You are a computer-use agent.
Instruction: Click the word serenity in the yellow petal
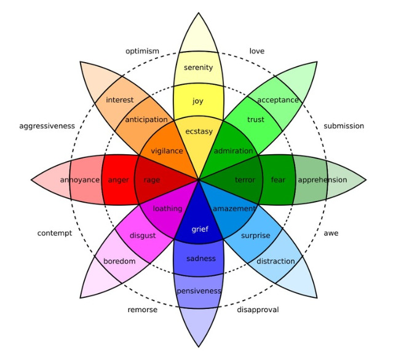[198, 68]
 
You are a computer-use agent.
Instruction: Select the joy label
[198, 101]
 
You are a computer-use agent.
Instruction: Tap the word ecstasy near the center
[198, 131]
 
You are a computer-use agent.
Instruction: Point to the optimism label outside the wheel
[142, 51]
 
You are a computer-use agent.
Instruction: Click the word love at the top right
[257, 51]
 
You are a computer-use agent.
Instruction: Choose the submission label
[344, 126]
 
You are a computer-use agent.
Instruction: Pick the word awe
[331, 233]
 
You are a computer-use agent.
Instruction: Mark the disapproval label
[258, 310]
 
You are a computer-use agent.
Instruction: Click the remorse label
[142, 310]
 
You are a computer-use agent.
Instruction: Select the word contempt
[54, 233]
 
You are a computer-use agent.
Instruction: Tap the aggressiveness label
[47, 126]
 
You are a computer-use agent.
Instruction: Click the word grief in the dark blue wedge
[200, 229]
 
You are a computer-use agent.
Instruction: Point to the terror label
[245, 180]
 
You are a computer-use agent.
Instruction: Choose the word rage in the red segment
[152, 180]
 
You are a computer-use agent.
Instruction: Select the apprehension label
[322, 180]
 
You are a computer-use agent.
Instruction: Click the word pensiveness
[199, 291]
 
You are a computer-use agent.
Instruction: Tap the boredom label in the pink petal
[119, 261]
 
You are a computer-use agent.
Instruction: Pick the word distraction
[276, 261]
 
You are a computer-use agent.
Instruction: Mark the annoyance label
[80, 180]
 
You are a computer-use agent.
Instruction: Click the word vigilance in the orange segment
[167, 151]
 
